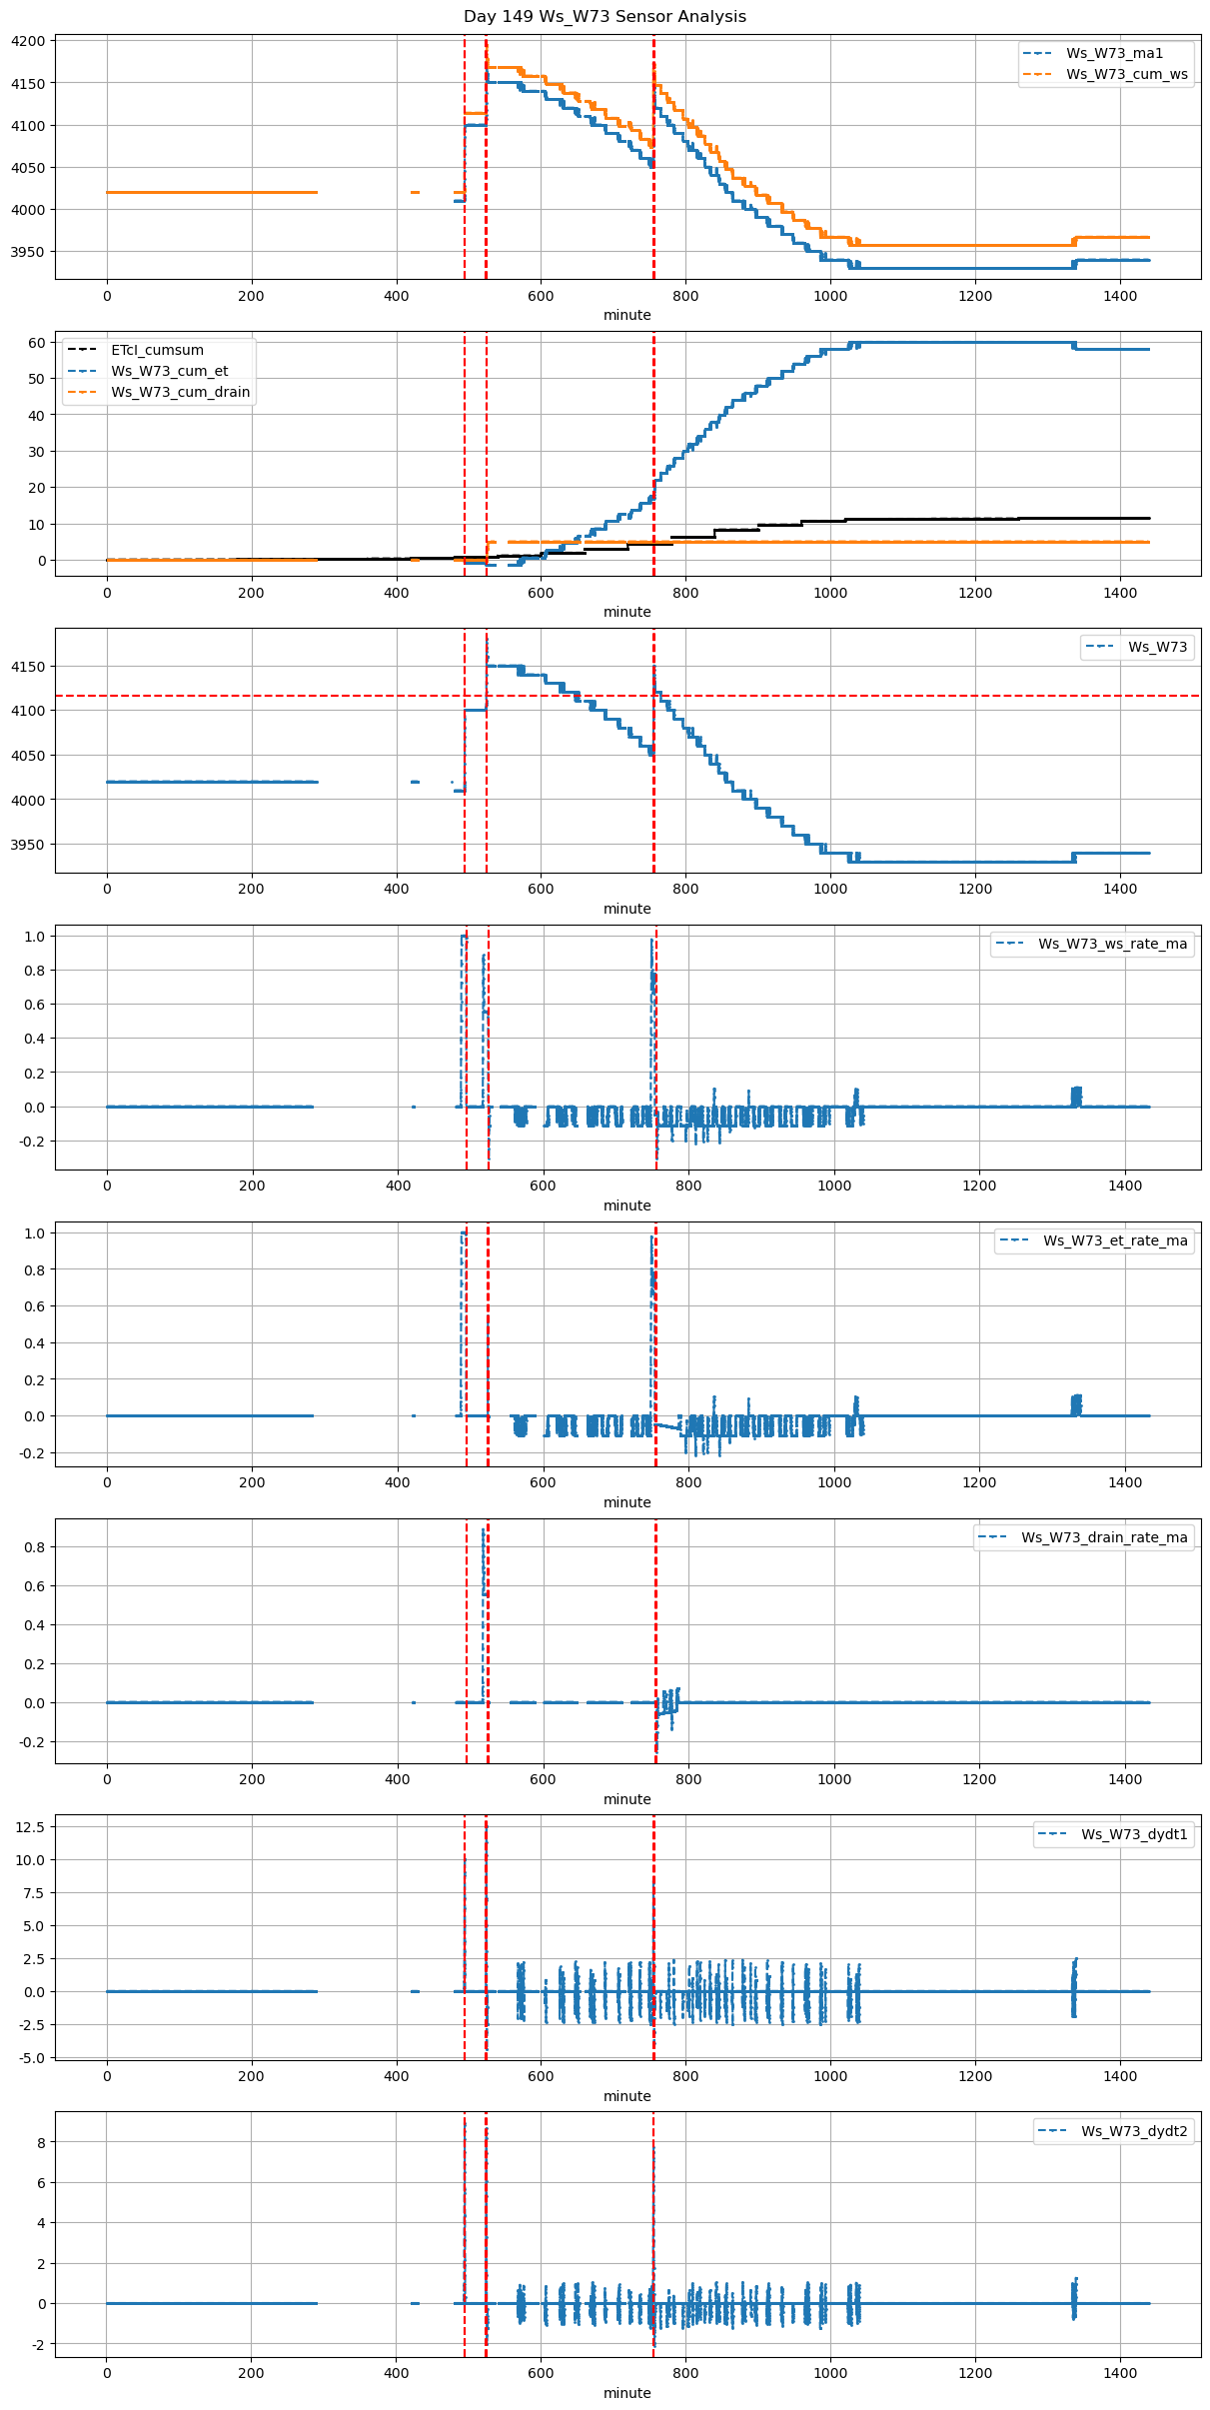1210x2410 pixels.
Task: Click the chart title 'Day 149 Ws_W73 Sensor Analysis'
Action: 605,17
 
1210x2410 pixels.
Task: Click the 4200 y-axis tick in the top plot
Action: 28,41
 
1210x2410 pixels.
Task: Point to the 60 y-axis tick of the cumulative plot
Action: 37,343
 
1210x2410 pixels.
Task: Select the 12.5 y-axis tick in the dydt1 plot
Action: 31,1827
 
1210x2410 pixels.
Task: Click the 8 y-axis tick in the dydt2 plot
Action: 41,2142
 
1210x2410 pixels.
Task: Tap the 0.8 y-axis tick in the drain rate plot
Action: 35,1547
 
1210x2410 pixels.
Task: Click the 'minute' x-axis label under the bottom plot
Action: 626,2393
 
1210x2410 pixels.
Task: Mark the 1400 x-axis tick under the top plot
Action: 1120,296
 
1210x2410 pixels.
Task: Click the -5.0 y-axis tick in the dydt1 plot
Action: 31,2058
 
